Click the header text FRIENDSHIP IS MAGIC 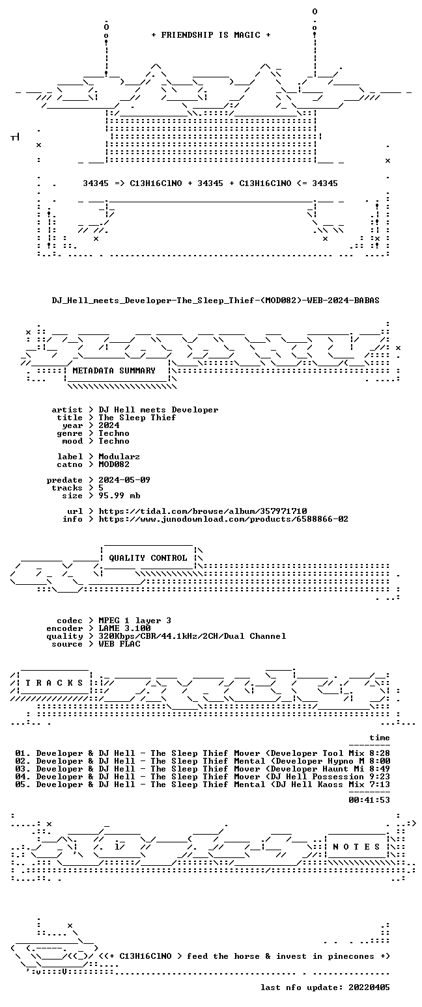click(210, 35)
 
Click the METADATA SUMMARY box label click(114, 370)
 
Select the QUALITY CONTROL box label click(148, 558)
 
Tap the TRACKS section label click(55, 683)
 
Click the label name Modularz click(119, 457)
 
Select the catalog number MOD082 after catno click(114, 464)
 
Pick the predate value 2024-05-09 click(124, 480)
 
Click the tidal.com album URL click(203, 511)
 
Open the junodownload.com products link click(223, 519)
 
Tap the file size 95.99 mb click(119, 496)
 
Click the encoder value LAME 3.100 click(124, 628)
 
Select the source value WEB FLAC click(119, 644)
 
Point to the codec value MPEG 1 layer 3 click(135, 621)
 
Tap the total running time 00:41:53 click(369, 799)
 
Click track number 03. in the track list click(23, 769)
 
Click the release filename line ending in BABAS click(216, 301)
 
